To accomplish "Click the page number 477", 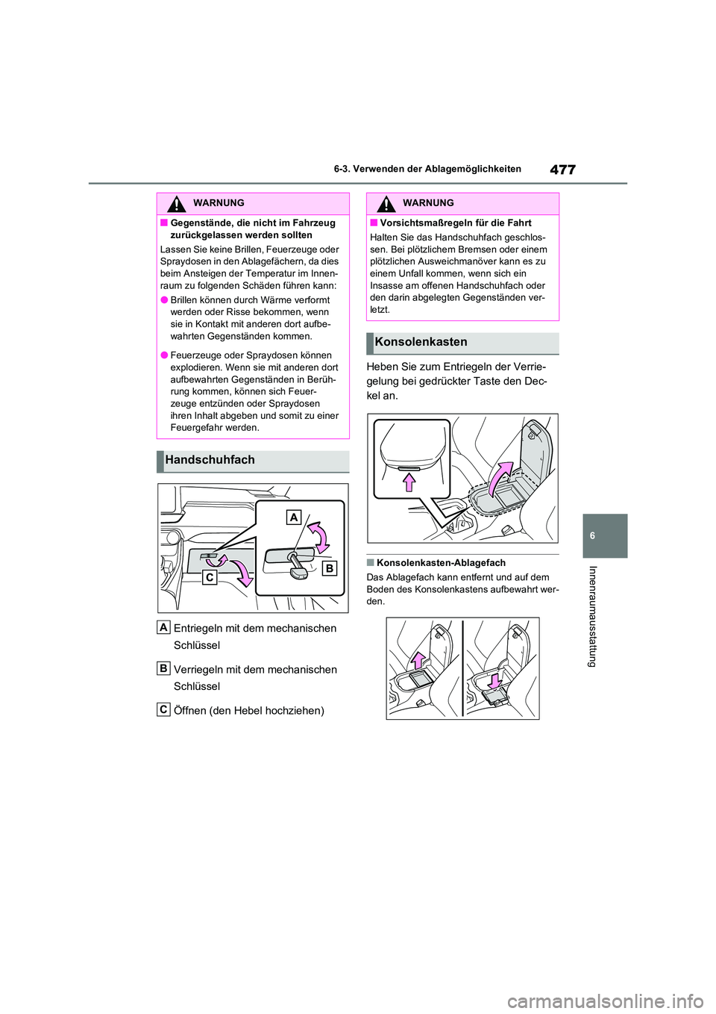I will (x=562, y=169).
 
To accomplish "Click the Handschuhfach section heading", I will (x=210, y=460).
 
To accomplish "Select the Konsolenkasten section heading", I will (x=421, y=342).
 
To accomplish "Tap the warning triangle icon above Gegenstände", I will (x=176, y=203).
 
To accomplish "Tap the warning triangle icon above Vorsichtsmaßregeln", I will (x=386, y=203).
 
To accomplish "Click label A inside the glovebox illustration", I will (x=294, y=517).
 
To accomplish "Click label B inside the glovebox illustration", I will (x=329, y=568).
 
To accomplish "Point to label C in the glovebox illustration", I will (x=210, y=577).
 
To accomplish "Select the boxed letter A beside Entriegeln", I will (x=163, y=627).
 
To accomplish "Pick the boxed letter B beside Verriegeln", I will (x=163, y=668).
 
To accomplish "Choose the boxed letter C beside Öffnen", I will (x=163, y=709).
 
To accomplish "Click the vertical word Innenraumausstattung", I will (x=593, y=616).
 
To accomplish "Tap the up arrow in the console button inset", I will (x=409, y=482).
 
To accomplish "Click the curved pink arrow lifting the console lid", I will (x=500, y=476).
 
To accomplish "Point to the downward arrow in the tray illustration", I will (x=494, y=680).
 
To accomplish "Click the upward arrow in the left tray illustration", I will (x=418, y=660).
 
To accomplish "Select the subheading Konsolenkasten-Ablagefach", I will (x=441, y=563).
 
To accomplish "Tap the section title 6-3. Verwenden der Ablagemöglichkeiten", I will (x=427, y=169).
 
